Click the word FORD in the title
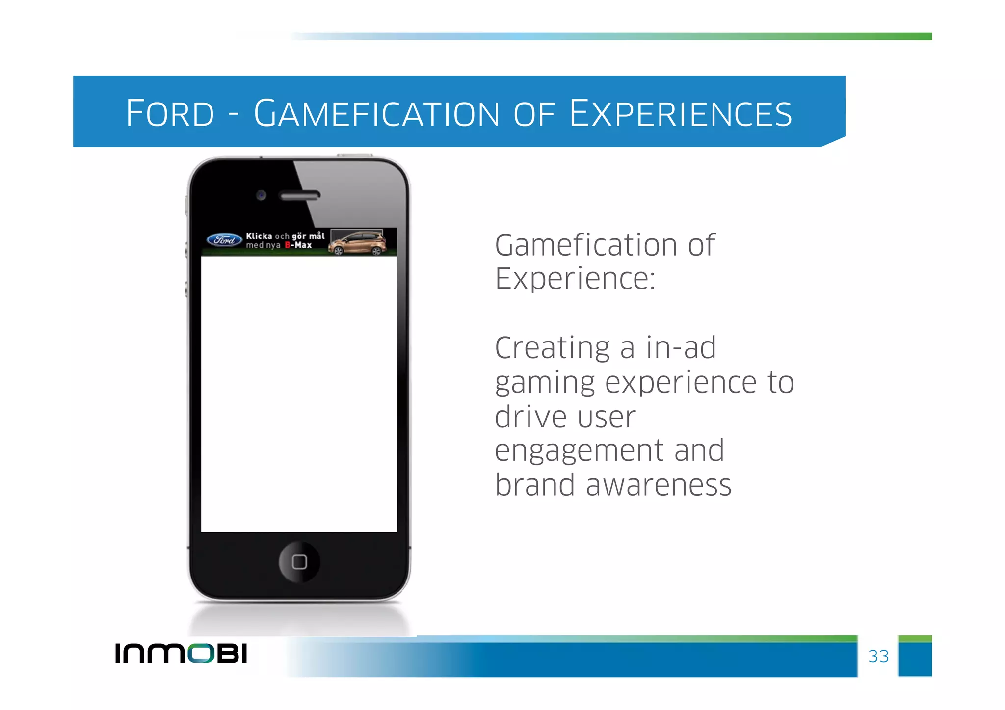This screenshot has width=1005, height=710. click(170, 113)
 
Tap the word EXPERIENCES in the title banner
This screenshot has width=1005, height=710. click(681, 113)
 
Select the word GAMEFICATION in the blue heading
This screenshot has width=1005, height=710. click(376, 113)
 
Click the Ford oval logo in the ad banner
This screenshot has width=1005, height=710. click(224, 240)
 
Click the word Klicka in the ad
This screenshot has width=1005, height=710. click(259, 236)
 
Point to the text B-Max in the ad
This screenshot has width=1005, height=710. click(298, 245)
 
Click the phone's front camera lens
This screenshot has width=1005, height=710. click(261, 195)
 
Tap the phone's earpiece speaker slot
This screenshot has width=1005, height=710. click(299, 196)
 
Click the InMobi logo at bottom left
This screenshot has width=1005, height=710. click(181, 654)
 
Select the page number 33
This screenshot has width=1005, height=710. click(878, 657)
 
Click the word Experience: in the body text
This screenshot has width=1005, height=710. click(575, 279)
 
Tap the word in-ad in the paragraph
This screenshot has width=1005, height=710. click(681, 348)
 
